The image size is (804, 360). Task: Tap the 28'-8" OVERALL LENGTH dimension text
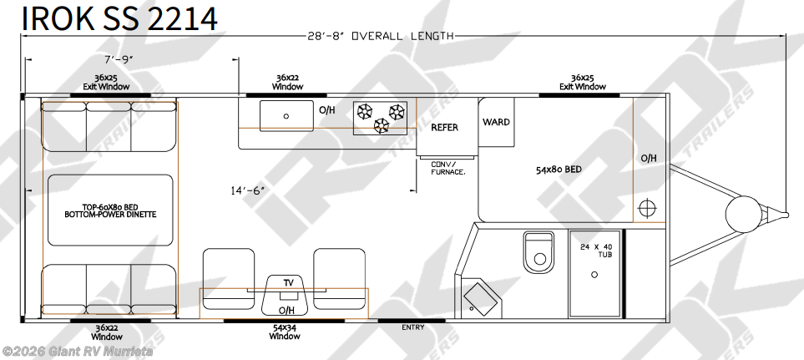(381, 36)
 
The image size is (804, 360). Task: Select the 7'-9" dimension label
(119, 59)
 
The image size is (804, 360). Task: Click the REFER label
(444, 127)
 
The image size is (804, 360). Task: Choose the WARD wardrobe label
(496, 122)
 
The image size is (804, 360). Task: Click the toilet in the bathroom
(539, 252)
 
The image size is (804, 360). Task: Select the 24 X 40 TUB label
(594, 251)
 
